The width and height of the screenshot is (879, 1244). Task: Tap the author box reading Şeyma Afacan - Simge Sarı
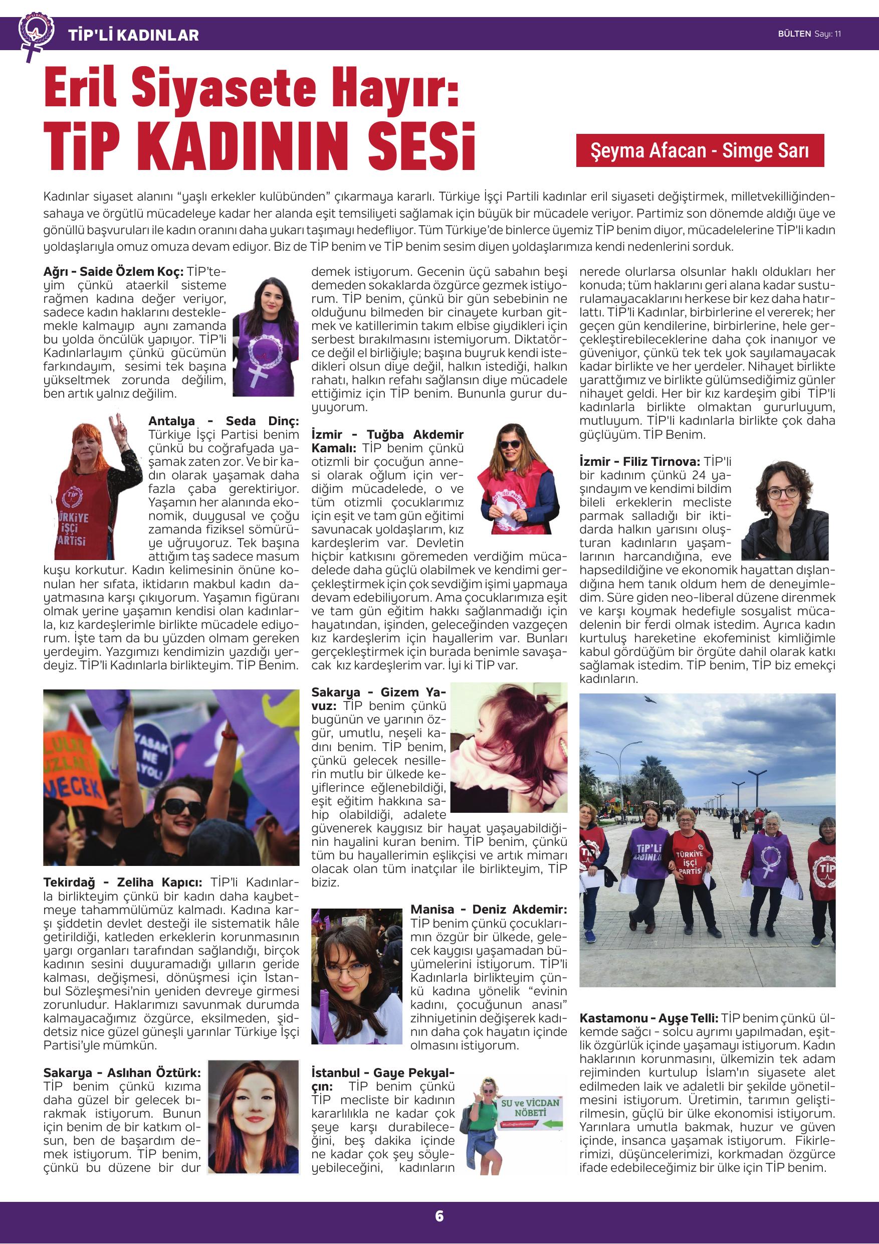click(699, 150)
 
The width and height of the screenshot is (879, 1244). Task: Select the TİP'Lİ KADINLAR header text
click(133, 35)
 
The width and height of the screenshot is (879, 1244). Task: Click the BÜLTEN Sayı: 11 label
click(809, 34)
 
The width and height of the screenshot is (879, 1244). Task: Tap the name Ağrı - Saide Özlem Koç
click(113, 271)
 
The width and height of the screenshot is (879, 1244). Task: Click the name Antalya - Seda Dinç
click(223, 421)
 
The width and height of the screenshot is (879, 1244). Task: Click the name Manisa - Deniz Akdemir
click(488, 909)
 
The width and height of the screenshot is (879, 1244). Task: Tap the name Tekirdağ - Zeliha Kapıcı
click(123, 882)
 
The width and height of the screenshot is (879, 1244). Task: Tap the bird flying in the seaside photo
click(650, 699)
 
